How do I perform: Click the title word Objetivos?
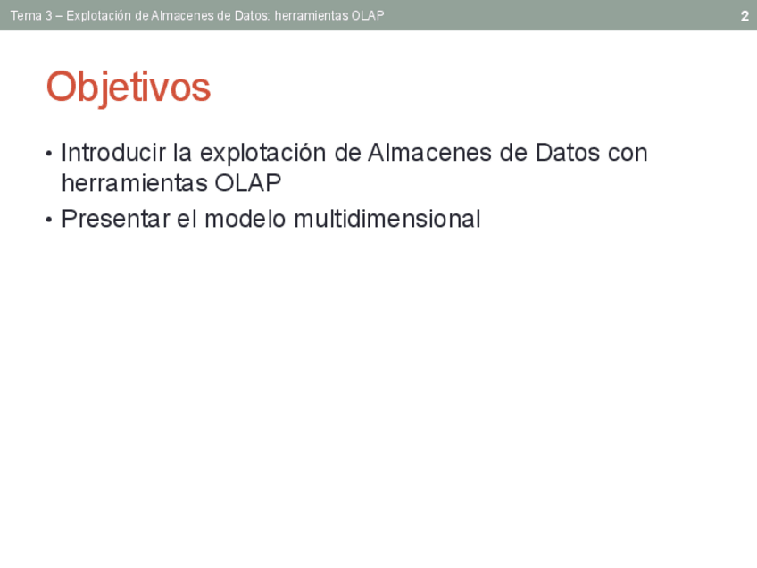tap(129, 88)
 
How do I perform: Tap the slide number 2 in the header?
tap(745, 16)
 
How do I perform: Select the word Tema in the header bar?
tap(26, 15)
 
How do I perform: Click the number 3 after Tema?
tap(49, 15)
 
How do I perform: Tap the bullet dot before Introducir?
tap(49, 155)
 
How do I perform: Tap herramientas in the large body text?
tap(135, 183)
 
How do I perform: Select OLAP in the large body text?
tap(248, 183)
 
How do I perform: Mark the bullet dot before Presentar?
tap(49, 220)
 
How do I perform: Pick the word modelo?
tap(245, 219)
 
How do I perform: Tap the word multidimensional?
tap(387, 219)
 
